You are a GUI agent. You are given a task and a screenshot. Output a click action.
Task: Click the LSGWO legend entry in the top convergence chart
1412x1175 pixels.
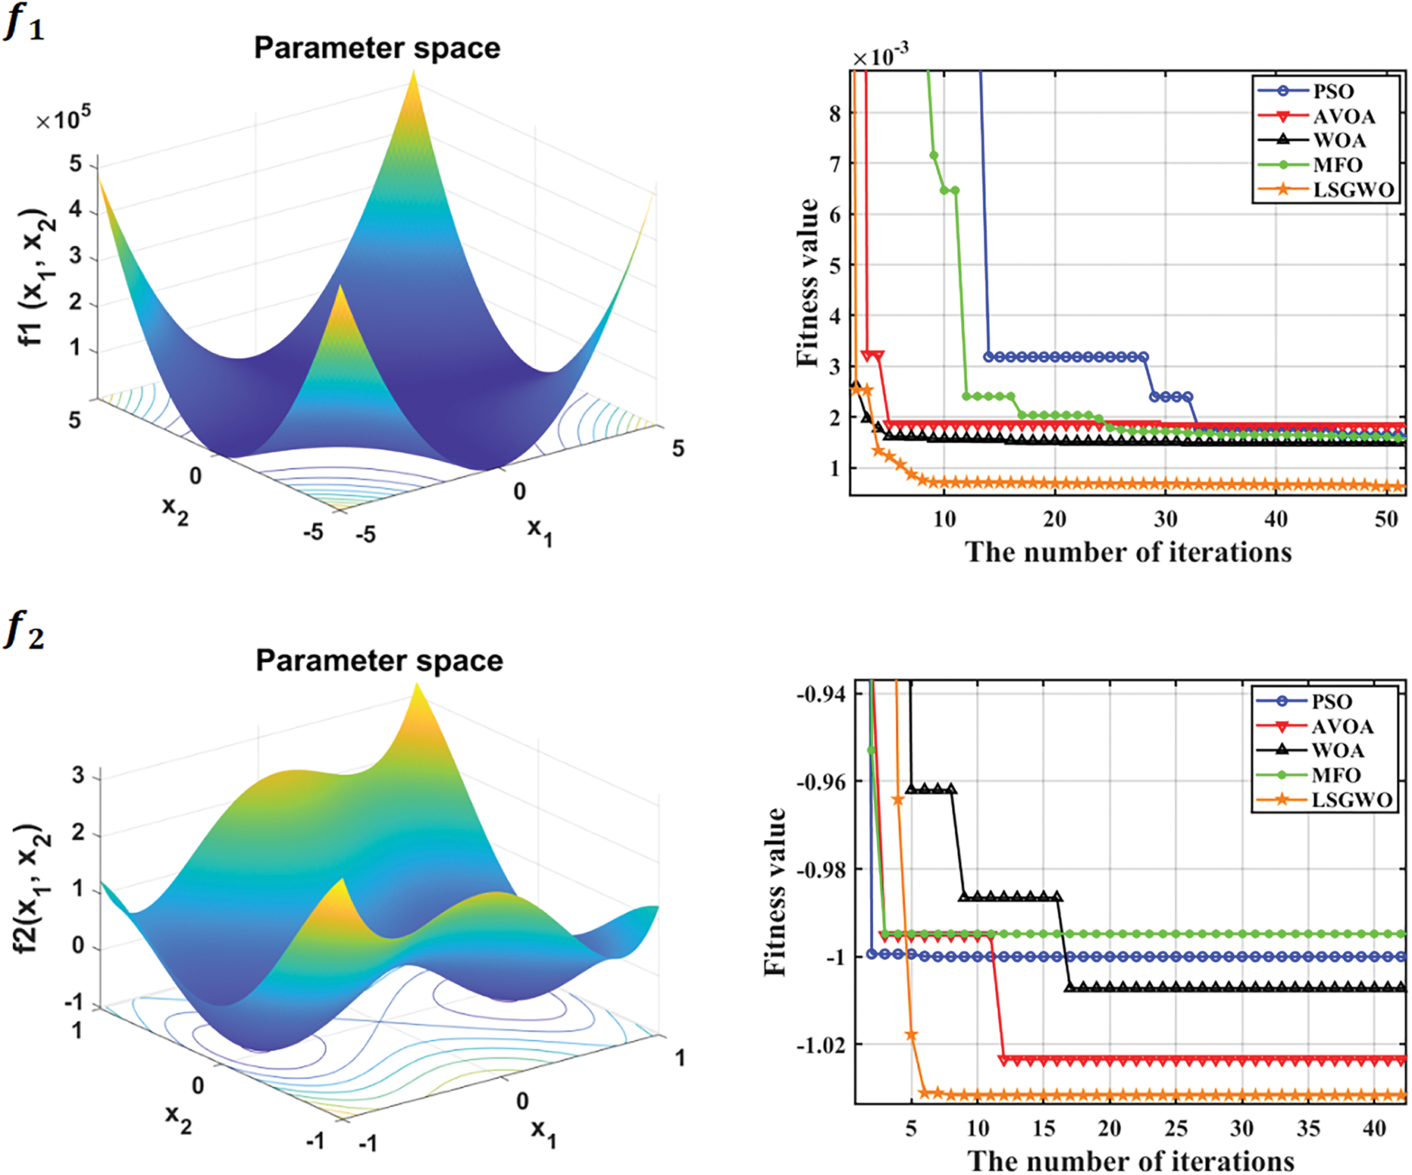coord(1353,189)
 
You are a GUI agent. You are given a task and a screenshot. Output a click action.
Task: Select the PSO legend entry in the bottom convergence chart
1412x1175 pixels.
coord(1332,702)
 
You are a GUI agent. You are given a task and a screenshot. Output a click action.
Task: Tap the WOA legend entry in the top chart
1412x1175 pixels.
coord(1339,140)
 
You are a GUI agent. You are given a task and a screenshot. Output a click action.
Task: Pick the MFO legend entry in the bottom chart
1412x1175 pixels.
coord(1336,775)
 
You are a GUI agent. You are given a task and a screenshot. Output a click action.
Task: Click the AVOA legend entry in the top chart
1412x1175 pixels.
coord(1344,116)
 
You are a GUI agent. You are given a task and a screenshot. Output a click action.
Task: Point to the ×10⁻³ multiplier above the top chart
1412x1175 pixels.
coord(880,56)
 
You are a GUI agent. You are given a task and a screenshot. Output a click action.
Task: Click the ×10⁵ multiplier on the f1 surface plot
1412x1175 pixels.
coord(64,119)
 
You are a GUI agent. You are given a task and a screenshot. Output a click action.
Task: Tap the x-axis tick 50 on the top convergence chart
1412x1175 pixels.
coord(1385,519)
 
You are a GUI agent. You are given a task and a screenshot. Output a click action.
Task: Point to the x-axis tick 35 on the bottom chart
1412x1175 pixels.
coord(1308,1129)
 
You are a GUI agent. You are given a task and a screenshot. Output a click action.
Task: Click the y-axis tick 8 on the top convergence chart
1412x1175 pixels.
coord(834,114)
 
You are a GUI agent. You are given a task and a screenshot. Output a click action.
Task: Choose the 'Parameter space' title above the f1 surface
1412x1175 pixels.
coord(377,48)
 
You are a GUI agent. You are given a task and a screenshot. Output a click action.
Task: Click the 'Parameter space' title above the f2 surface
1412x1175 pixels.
coord(379,661)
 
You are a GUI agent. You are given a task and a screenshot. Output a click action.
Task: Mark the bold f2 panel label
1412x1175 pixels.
coord(24,631)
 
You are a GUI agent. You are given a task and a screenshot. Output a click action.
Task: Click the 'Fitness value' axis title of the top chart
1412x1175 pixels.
coord(808,283)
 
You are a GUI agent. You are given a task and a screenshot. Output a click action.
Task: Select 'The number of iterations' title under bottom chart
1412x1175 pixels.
coord(1130,1161)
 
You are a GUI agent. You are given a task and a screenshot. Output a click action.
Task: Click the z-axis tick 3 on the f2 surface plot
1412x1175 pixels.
coord(77,776)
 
